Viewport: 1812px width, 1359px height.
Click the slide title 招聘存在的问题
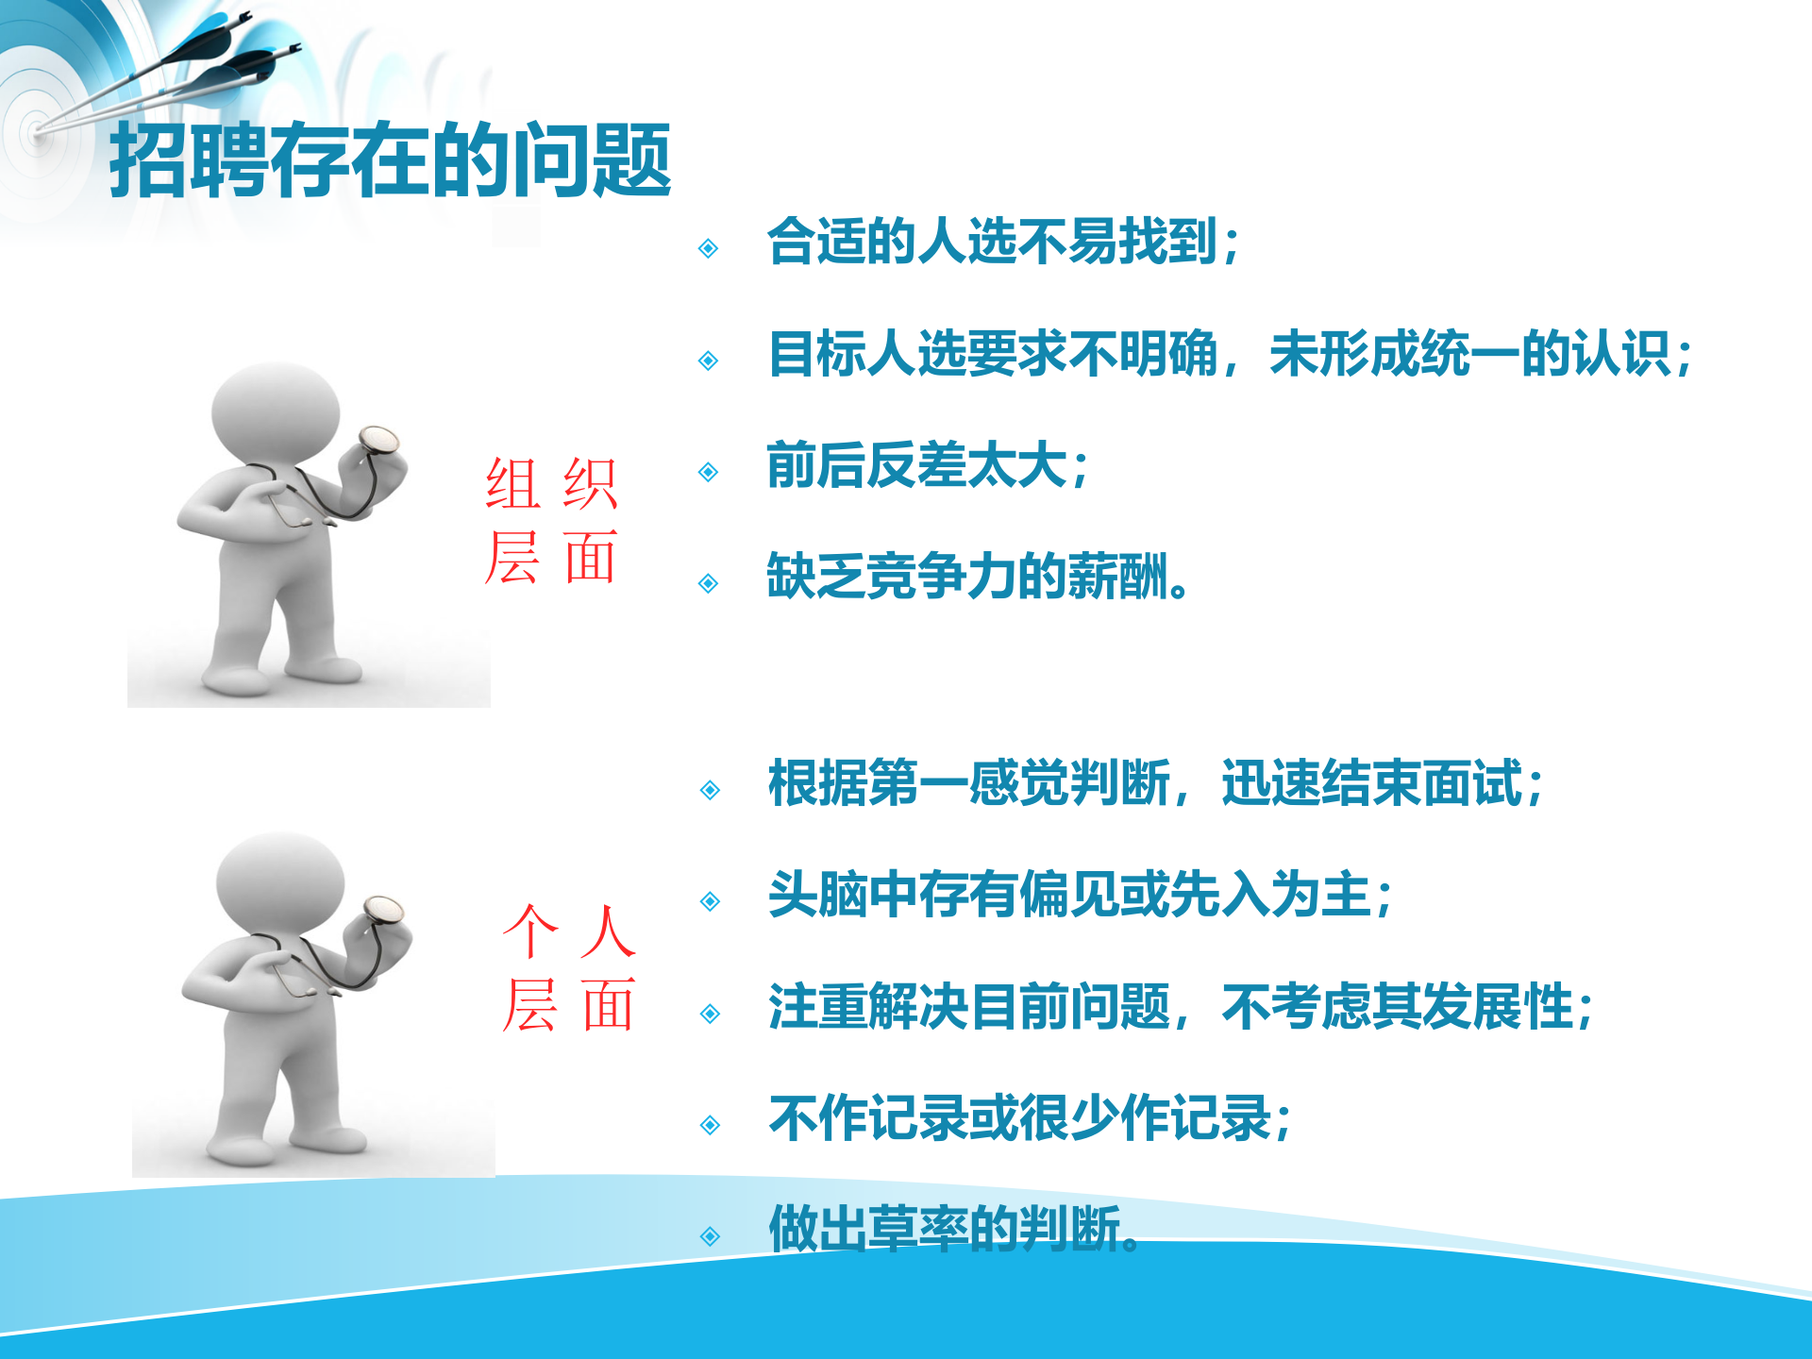pyautogui.click(x=390, y=160)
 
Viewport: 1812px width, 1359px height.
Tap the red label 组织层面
pyautogui.click(x=551, y=520)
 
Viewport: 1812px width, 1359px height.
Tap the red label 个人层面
pyautogui.click(x=568, y=967)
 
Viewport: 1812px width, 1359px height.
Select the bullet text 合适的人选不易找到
pyautogui.click(x=1002, y=242)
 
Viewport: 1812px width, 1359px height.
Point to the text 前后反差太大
pyautogui.click(x=928, y=466)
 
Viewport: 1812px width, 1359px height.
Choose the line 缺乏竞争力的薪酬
pyautogui.click(x=977, y=577)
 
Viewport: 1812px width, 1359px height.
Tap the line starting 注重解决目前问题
pyautogui.click(x=1180, y=1007)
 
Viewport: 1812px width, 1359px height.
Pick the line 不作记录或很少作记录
pyautogui.click(x=1029, y=1118)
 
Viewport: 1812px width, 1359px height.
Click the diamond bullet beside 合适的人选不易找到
pyautogui.click(x=709, y=248)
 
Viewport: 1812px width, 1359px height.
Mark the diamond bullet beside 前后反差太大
pyautogui.click(x=709, y=472)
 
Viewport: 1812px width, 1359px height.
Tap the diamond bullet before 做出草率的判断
pyautogui.click(x=710, y=1236)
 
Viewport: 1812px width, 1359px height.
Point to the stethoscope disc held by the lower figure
pyautogui.click(x=383, y=909)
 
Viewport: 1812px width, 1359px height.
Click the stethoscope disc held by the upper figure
pyautogui.click(x=379, y=439)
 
